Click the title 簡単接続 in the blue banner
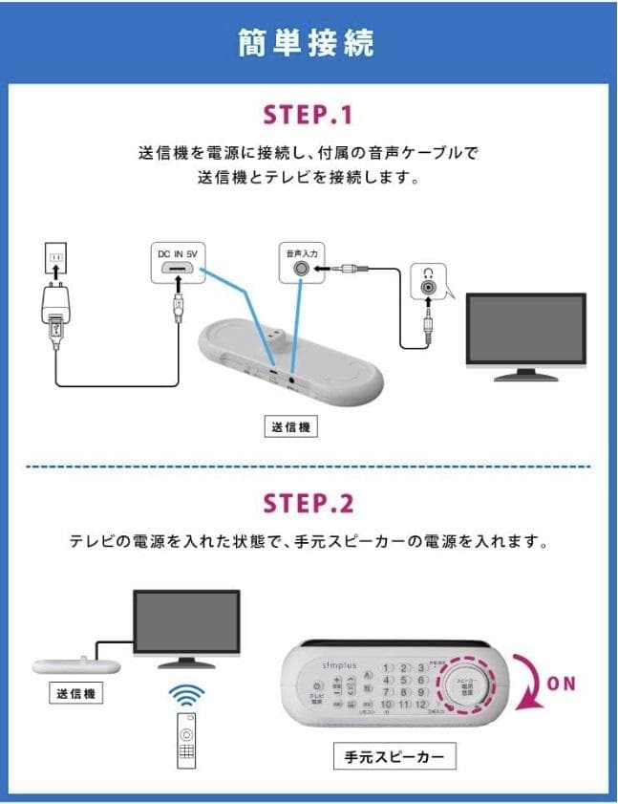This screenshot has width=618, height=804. [x=308, y=43]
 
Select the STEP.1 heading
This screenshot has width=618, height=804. [x=308, y=115]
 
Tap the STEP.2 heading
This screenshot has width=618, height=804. [x=308, y=503]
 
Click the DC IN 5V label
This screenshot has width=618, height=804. [x=177, y=253]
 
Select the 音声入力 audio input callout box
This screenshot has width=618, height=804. [x=302, y=263]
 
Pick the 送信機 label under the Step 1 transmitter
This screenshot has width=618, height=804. [x=290, y=427]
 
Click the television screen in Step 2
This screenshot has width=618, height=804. [x=185, y=621]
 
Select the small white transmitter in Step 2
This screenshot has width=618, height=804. [x=75, y=664]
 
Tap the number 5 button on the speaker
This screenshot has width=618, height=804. [x=405, y=680]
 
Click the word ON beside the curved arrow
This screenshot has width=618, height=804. [x=563, y=684]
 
